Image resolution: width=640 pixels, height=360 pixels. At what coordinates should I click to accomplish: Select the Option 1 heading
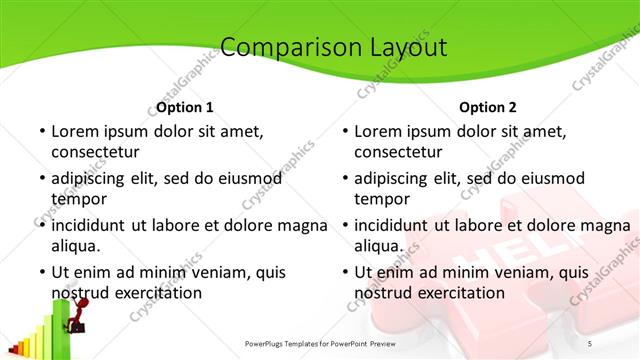185,107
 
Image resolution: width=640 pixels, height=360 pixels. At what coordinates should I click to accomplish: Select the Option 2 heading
488,107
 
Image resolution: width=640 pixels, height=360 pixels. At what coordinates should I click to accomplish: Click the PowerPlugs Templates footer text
331,343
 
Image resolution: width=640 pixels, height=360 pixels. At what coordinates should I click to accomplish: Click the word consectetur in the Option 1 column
95,152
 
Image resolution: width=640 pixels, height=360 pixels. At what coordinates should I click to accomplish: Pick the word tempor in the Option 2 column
380,199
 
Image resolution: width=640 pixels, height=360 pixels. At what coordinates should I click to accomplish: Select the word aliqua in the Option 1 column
77,246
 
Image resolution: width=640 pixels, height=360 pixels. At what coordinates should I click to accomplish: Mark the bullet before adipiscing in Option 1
42,179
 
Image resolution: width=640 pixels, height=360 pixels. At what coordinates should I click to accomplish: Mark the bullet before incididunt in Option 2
345,226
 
